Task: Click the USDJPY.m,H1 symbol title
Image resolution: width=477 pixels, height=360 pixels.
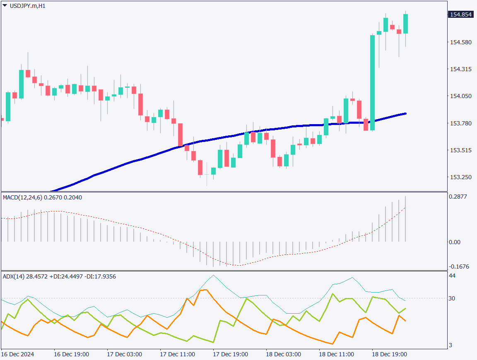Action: tap(27, 6)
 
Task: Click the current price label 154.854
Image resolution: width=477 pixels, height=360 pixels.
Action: tap(460, 14)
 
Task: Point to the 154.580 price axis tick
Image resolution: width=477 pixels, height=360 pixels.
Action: tap(460, 42)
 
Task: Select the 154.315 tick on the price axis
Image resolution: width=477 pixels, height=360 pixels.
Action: tap(460, 69)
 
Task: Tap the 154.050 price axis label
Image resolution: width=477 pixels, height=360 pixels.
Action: tap(460, 96)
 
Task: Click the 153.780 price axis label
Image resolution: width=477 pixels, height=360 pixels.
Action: tap(460, 123)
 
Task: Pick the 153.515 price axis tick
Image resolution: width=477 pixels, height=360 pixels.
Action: tap(460, 150)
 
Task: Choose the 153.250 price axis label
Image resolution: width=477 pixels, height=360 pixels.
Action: tap(460, 177)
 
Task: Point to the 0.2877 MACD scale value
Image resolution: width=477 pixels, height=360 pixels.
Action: tap(458, 197)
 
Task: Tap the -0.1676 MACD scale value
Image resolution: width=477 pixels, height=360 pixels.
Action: tap(458, 266)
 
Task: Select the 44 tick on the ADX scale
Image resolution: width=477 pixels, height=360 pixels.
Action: tap(452, 276)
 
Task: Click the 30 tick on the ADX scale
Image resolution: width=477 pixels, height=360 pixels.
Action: tap(452, 298)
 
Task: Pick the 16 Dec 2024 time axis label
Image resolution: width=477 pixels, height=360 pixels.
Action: tap(18, 355)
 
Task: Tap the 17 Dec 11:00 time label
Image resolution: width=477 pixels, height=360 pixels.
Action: tap(177, 355)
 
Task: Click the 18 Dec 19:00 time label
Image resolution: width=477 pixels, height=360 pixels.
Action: tap(390, 355)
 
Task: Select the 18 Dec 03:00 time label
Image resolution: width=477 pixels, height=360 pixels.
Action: tap(283, 355)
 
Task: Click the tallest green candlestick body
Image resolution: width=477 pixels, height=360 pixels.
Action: tap(373, 83)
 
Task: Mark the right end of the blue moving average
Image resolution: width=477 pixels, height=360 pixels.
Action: tap(405, 113)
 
